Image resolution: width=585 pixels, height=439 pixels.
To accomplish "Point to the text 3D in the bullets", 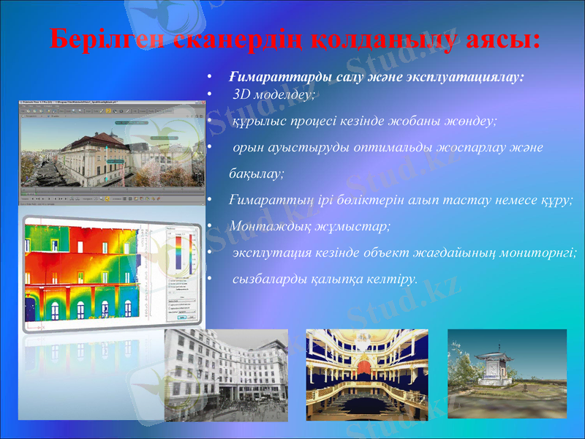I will pyautogui.click(x=242, y=94).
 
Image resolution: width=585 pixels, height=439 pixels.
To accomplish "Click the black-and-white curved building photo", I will pyautogui.click(x=226, y=374).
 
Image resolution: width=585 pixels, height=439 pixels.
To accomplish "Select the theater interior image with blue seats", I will pyautogui.click(x=366, y=374).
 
